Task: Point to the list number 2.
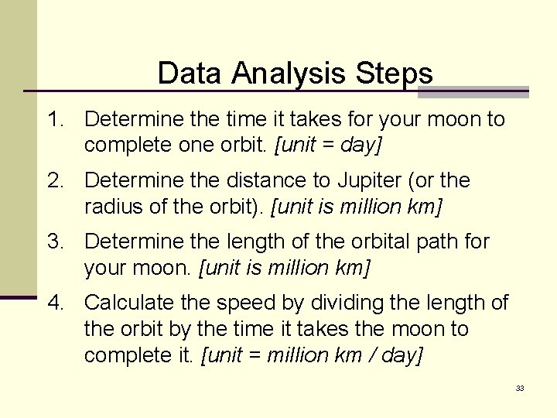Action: pyautogui.click(x=53, y=180)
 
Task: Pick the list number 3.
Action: pyautogui.click(x=53, y=242)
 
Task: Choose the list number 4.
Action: pyautogui.click(x=53, y=303)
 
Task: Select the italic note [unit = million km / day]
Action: pyautogui.click(x=312, y=355)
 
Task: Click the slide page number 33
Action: pyautogui.click(x=520, y=388)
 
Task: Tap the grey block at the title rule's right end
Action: pyautogui.click(x=473, y=92)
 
